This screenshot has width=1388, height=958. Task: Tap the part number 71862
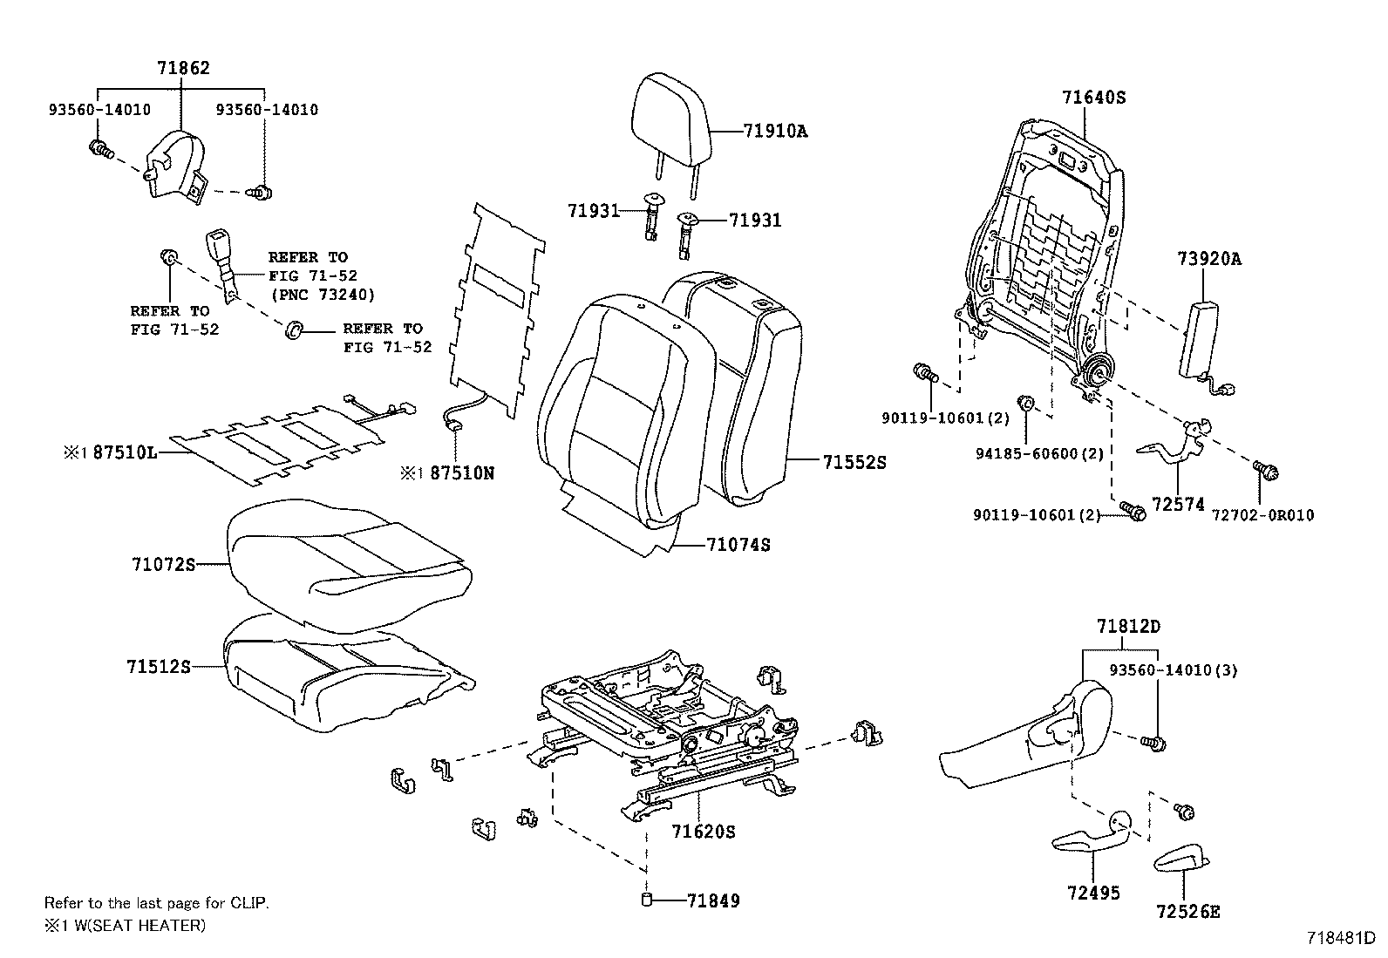click(x=183, y=67)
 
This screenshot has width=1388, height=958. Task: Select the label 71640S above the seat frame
click(x=1093, y=98)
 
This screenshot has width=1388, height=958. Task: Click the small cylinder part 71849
click(x=647, y=900)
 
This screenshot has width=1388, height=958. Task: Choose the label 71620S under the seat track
click(x=703, y=832)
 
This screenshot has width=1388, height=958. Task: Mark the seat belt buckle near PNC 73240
click(x=218, y=253)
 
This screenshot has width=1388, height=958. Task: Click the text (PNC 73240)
click(x=323, y=295)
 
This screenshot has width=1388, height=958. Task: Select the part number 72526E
click(x=1187, y=912)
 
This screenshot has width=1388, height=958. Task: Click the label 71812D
click(x=1128, y=626)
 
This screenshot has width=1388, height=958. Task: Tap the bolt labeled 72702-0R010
click(x=1266, y=471)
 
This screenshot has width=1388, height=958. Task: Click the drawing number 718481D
click(x=1340, y=938)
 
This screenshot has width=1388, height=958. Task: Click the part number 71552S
click(x=854, y=463)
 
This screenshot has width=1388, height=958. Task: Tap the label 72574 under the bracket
click(x=1177, y=505)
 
